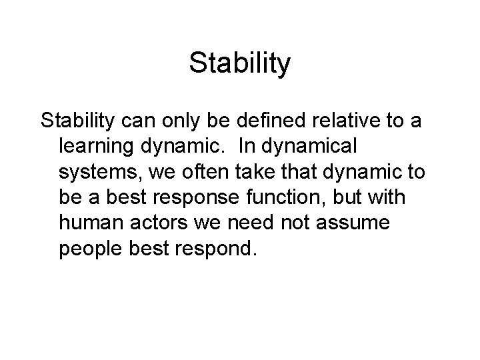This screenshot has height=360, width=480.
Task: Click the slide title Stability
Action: point(240,64)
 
